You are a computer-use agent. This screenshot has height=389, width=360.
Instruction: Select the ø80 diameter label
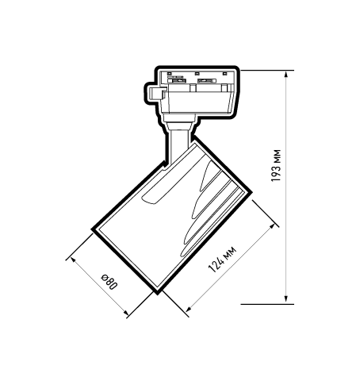pos(109,283)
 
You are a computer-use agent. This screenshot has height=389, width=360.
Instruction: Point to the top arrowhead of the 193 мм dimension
pos(287,74)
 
